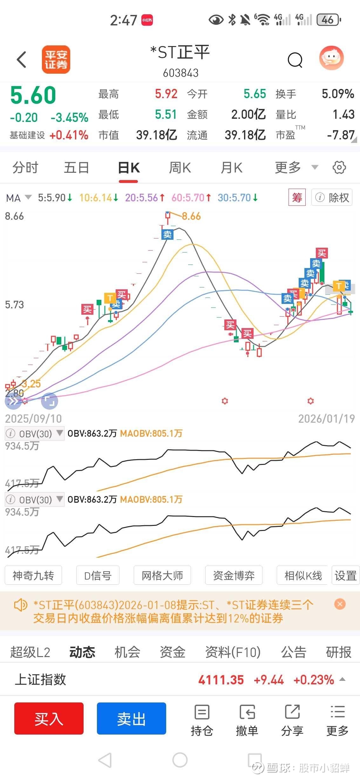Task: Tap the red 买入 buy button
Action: pyautogui.click(x=49, y=718)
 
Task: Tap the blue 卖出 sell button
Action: pyautogui.click(x=131, y=718)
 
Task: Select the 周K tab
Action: pyautogui.click(x=180, y=168)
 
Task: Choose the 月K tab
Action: pyautogui.click(x=232, y=168)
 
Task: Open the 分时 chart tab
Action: pyautogui.click(x=25, y=168)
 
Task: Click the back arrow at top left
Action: pyautogui.click(x=21, y=60)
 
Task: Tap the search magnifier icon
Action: pyautogui.click(x=295, y=60)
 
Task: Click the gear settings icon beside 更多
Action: pyautogui.click(x=339, y=167)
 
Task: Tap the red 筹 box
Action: pyautogui.click(x=297, y=198)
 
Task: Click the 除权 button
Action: pyautogui.click(x=332, y=198)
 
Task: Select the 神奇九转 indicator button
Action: pyautogui.click(x=33, y=575)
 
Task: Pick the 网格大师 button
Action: pyautogui.click(x=162, y=575)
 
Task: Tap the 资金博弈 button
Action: pyautogui.click(x=234, y=575)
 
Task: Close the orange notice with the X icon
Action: pyautogui.click(x=340, y=604)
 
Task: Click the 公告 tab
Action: pyautogui.click(x=293, y=652)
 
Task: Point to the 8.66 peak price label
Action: pyautogui.click(x=191, y=216)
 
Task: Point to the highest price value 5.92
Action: pyautogui.click(x=166, y=94)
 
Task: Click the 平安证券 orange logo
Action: pyautogui.click(x=56, y=60)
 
